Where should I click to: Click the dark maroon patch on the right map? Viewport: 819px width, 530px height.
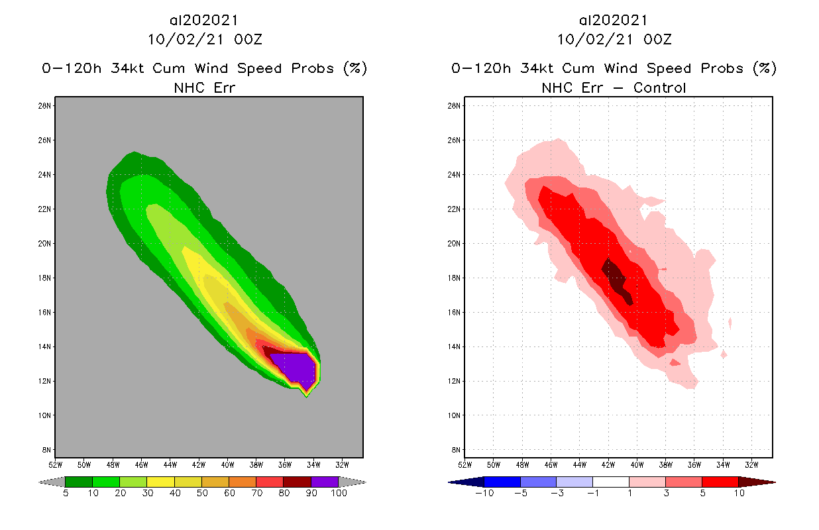pos(616,278)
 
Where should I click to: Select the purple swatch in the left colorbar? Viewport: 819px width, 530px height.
pos(325,482)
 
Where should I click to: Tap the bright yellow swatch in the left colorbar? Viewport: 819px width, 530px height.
pos(160,482)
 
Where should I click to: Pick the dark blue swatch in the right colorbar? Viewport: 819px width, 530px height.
pos(502,482)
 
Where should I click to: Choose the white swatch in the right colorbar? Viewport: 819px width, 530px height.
pos(610,482)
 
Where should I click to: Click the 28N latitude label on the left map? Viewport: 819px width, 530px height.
pos(45,106)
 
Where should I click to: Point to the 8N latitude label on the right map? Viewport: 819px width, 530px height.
pos(456,450)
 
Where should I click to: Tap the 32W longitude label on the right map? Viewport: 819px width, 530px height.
pos(751,464)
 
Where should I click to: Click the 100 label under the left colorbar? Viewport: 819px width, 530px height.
pos(339,494)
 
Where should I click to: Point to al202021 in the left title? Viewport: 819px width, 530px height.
pos(204,21)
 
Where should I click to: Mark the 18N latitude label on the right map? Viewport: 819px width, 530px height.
pos(454,278)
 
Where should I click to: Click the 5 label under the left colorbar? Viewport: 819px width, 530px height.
pos(66,494)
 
